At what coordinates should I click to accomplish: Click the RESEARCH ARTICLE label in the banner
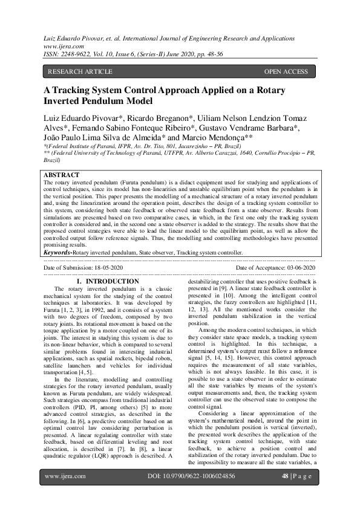[80, 72]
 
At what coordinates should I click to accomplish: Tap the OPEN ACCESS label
[286, 72]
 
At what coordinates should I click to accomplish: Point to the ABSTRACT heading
[62, 175]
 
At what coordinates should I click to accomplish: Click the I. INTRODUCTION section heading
[108, 282]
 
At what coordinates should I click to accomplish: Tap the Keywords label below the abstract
[63, 252]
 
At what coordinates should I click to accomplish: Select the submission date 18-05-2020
[105, 267]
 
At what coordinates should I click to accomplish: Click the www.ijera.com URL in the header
[59, 45]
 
